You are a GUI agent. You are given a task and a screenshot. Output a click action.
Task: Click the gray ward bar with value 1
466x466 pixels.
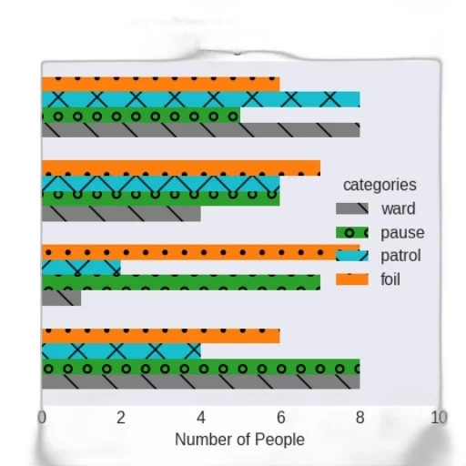[x=61, y=298]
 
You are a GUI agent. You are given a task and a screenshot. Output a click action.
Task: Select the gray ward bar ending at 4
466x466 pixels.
[x=121, y=214]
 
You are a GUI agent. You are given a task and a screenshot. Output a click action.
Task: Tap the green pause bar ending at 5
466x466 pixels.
[x=141, y=116]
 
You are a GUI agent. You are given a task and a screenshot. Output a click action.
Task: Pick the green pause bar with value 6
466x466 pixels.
[x=161, y=198]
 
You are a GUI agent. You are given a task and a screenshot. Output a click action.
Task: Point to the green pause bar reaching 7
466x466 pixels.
[x=181, y=282]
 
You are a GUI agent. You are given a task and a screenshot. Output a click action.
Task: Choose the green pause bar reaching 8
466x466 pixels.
[x=201, y=367]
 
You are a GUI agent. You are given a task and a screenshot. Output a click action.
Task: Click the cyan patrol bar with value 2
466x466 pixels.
[x=81, y=268]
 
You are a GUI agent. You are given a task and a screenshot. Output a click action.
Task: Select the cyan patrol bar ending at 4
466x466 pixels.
[x=121, y=351]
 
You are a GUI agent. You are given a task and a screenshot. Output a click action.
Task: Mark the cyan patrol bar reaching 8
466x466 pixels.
[x=201, y=99]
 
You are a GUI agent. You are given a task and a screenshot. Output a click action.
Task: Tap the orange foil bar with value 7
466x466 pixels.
[x=181, y=167]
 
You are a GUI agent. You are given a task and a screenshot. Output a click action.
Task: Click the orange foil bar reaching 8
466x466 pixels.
[x=201, y=252]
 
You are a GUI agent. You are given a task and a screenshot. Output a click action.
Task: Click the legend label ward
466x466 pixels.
[x=399, y=208]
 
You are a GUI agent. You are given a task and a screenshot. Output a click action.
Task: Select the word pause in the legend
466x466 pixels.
[x=402, y=233]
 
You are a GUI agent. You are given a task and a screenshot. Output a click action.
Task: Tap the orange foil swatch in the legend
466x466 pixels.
[x=352, y=279]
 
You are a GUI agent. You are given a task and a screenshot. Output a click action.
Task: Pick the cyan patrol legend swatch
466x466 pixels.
[x=352, y=256]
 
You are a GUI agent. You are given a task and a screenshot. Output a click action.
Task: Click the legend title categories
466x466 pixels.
[x=380, y=185]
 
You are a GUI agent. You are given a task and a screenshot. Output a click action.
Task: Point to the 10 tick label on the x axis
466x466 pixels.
[x=439, y=418]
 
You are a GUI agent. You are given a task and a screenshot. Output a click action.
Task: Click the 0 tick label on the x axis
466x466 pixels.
[x=42, y=418]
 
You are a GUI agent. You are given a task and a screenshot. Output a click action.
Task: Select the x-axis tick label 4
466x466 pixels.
[x=201, y=418]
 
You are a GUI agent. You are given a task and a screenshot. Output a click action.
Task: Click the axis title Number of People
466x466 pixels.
[x=239, y=440]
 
